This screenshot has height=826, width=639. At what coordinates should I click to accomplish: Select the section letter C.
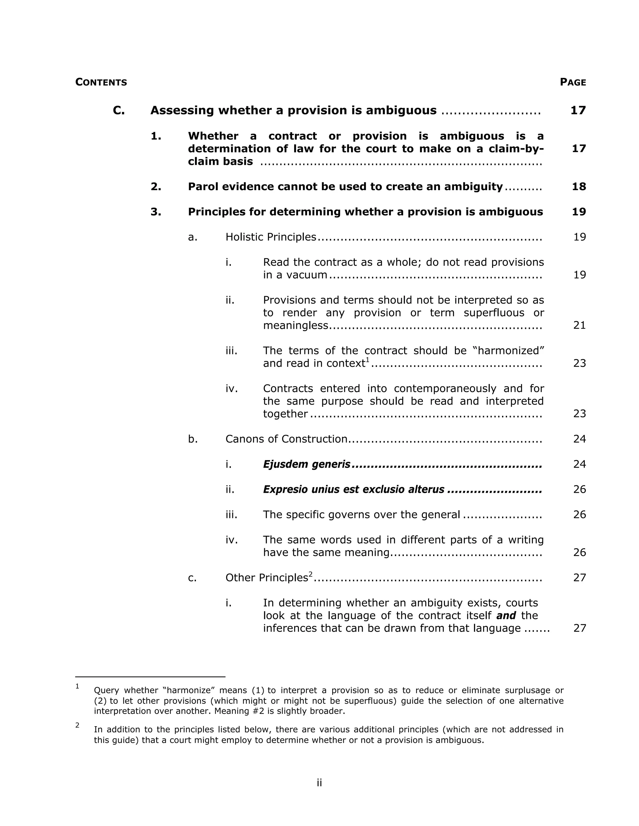point(119,110)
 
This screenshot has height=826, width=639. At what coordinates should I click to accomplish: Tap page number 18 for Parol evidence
point(579,186)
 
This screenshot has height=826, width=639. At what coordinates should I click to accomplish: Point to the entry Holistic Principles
point(271,237)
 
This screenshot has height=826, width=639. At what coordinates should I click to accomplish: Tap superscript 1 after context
point(367,360)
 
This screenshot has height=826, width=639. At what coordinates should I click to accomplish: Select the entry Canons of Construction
point(286,439)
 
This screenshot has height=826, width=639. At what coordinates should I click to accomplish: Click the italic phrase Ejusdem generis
point(307,464)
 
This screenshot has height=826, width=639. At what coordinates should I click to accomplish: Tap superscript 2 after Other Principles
point(310,574)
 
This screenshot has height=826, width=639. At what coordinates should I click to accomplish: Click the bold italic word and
point(506,615)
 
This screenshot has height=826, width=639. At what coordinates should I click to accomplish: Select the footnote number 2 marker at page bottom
point(77,725)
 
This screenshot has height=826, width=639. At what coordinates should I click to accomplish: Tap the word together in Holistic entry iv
point(285,414)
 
